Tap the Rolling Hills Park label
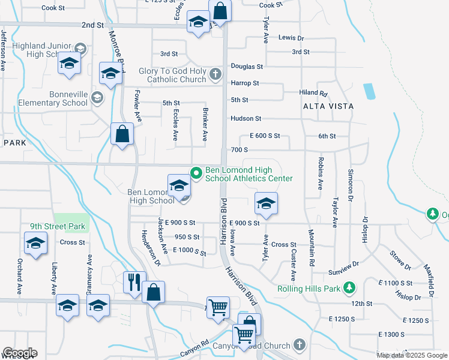point(309,289)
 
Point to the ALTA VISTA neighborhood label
point(328,106)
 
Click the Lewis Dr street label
point(291,38)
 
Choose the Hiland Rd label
point(313,93)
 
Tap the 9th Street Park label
point(59,227)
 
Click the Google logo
point(19,353)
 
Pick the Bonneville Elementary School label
point(44,98)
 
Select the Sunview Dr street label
point(343,263)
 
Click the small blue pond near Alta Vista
point(369,91)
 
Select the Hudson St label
point(246,119)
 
